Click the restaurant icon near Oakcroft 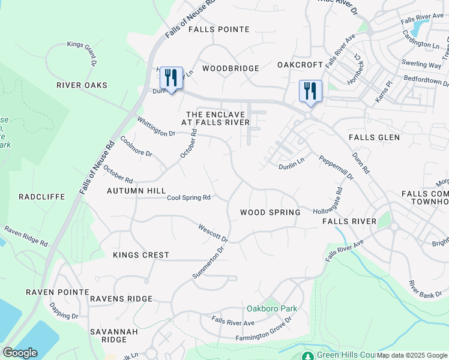(310, 91)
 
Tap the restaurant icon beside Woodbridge (171, 77)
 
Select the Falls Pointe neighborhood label (218, 29)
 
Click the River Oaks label (82, 85)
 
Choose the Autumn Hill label (136, 191)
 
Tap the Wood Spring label (270, 212)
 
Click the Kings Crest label (141, 255)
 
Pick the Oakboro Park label (272, 309)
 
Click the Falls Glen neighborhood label (374, 137)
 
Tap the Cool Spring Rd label (188, 197)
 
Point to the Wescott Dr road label (213, 232)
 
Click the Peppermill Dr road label (336, 169)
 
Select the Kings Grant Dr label (83, 52)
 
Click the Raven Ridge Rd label (26, 236)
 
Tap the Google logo (20, 353)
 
